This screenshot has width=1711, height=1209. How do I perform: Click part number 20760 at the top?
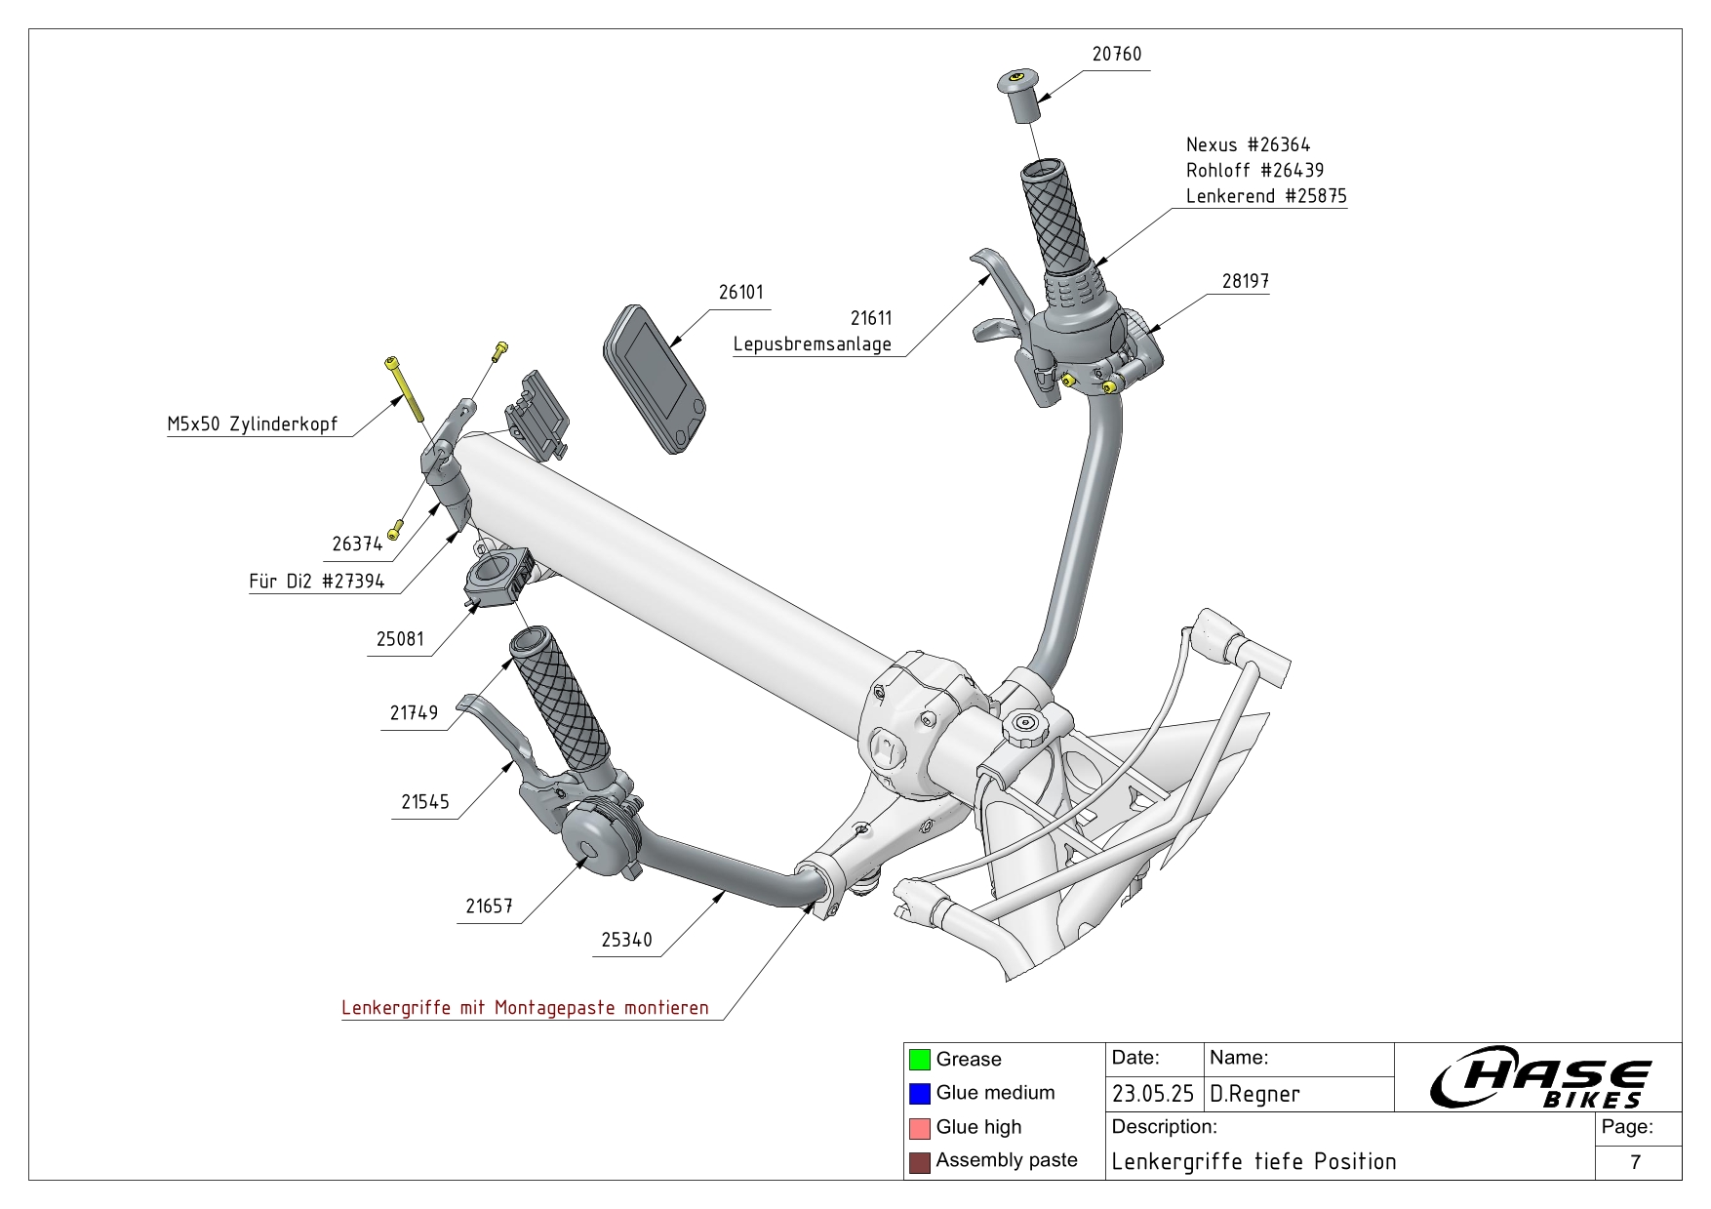point(1116,55)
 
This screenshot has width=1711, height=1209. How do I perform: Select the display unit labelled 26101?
point(654,379)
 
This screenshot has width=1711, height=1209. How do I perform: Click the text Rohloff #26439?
point(1254,171)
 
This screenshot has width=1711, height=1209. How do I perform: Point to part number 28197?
point(1245,281)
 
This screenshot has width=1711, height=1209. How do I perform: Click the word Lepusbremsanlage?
point(812,344)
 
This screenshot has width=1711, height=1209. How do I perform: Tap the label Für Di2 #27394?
point(317,583)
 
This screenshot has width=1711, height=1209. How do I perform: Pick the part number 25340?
point(626,940)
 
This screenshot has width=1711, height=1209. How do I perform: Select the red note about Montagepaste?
point(525,1008)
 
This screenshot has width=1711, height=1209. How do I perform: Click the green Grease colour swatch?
point(919,1060)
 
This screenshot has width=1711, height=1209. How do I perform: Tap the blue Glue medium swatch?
point(919,1094)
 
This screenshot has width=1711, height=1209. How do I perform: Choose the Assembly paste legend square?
point(919,1162)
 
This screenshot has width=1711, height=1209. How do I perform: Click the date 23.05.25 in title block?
point(1153,1094)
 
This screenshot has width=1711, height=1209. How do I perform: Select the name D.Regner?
point(1254,1094)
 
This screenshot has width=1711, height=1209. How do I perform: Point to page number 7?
point(1635,1162)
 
